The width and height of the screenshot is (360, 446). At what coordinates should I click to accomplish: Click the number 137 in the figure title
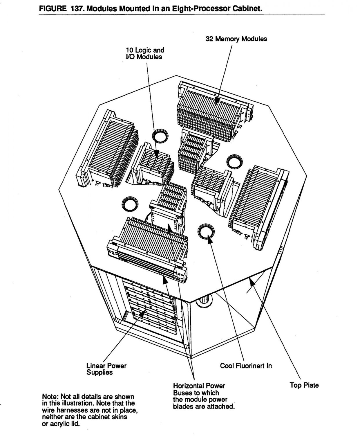point(76,8)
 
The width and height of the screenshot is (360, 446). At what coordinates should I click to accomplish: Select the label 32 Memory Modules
point(236,39)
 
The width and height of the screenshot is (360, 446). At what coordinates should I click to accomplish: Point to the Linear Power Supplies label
point(106,369)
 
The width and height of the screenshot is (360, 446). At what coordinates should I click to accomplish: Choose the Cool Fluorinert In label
point(246,366)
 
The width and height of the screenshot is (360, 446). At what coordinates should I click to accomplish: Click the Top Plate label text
point(304,385)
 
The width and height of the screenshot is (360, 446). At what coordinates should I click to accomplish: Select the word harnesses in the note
point(68,410)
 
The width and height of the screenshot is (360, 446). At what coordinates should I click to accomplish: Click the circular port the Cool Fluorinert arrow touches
point(205,231)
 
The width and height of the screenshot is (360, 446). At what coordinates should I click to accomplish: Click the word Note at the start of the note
point(49,397)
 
